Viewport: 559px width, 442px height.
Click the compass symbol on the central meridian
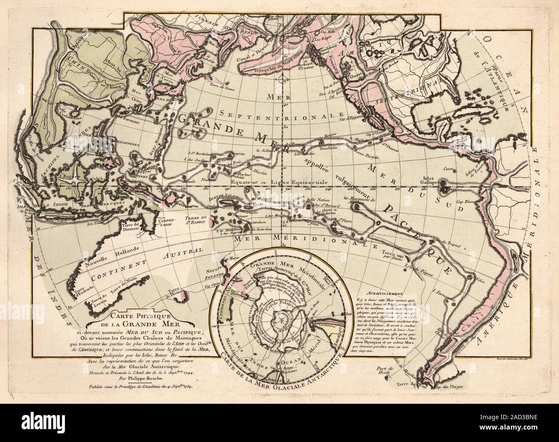282,79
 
